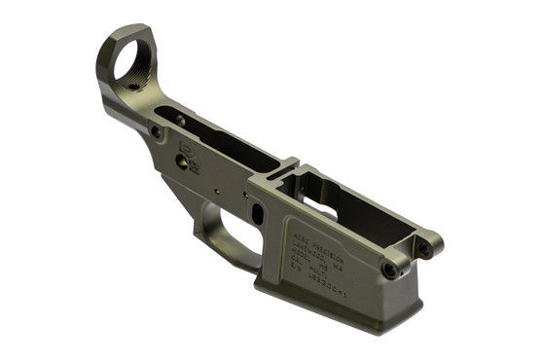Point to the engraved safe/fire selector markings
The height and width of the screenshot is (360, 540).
[191, 147]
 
